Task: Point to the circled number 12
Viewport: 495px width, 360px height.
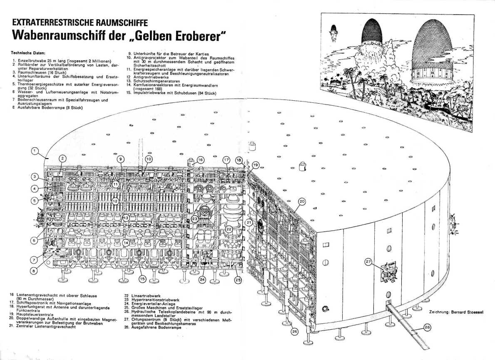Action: [x=116, y=201]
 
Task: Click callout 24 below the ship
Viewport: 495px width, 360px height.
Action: [x=202, y=280]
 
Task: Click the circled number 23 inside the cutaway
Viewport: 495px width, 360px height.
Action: [x=194, y=218]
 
